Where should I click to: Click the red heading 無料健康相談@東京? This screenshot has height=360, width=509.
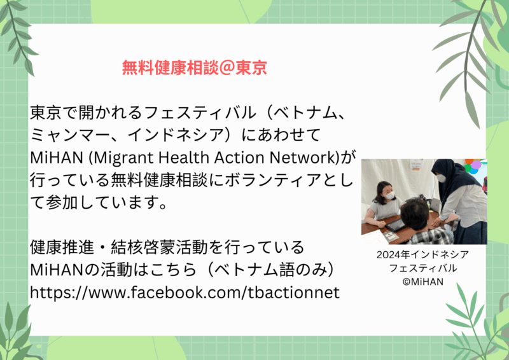click(195, 67)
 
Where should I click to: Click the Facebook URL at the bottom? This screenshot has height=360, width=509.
click(185, 293)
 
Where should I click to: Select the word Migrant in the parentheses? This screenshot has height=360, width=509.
click(124, 158)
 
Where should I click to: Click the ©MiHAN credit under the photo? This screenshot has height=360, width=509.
click(423, 281)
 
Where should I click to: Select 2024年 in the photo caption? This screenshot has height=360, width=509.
click(393, 255)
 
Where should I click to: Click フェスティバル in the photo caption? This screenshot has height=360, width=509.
click(423, 268)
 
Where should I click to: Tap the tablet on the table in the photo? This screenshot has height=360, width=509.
click(394, 225)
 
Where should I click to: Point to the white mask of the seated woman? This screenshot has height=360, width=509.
click(390, 195)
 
